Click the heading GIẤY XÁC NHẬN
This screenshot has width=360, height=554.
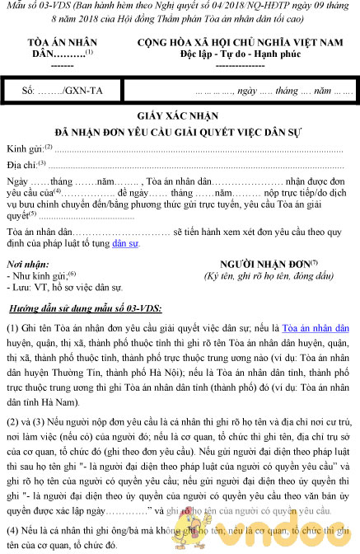[x=179, y=118]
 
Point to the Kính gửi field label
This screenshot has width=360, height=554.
[x=30, y=148]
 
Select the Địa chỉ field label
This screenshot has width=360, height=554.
[x=27, y=165]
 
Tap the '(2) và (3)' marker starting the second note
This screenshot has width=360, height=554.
[x=27, y=420]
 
